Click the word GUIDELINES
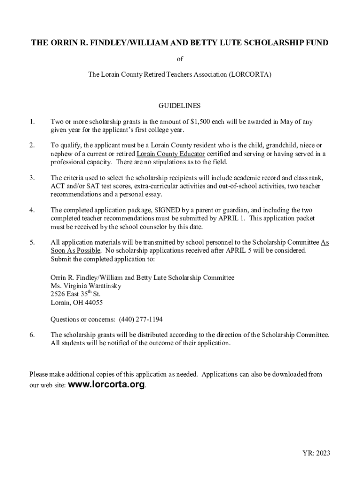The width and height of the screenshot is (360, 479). coord(180,106)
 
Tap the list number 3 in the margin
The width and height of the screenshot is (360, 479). coord(32,178)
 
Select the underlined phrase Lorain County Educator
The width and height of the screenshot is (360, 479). coord(171,154)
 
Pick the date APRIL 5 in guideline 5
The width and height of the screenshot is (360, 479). coord(240,251)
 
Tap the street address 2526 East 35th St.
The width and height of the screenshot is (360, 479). coord(75,294)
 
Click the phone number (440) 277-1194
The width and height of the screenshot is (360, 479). coord(141,319)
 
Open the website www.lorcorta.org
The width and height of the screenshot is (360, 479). coord(107,385)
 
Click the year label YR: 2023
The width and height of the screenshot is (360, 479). coord(317,453)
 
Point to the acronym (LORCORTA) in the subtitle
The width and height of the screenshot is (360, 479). coord(250,74)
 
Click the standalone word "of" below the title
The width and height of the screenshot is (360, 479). coord(180,59)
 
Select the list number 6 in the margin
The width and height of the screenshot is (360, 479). coord(32,335)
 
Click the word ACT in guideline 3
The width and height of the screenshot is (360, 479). coord(57,186)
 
